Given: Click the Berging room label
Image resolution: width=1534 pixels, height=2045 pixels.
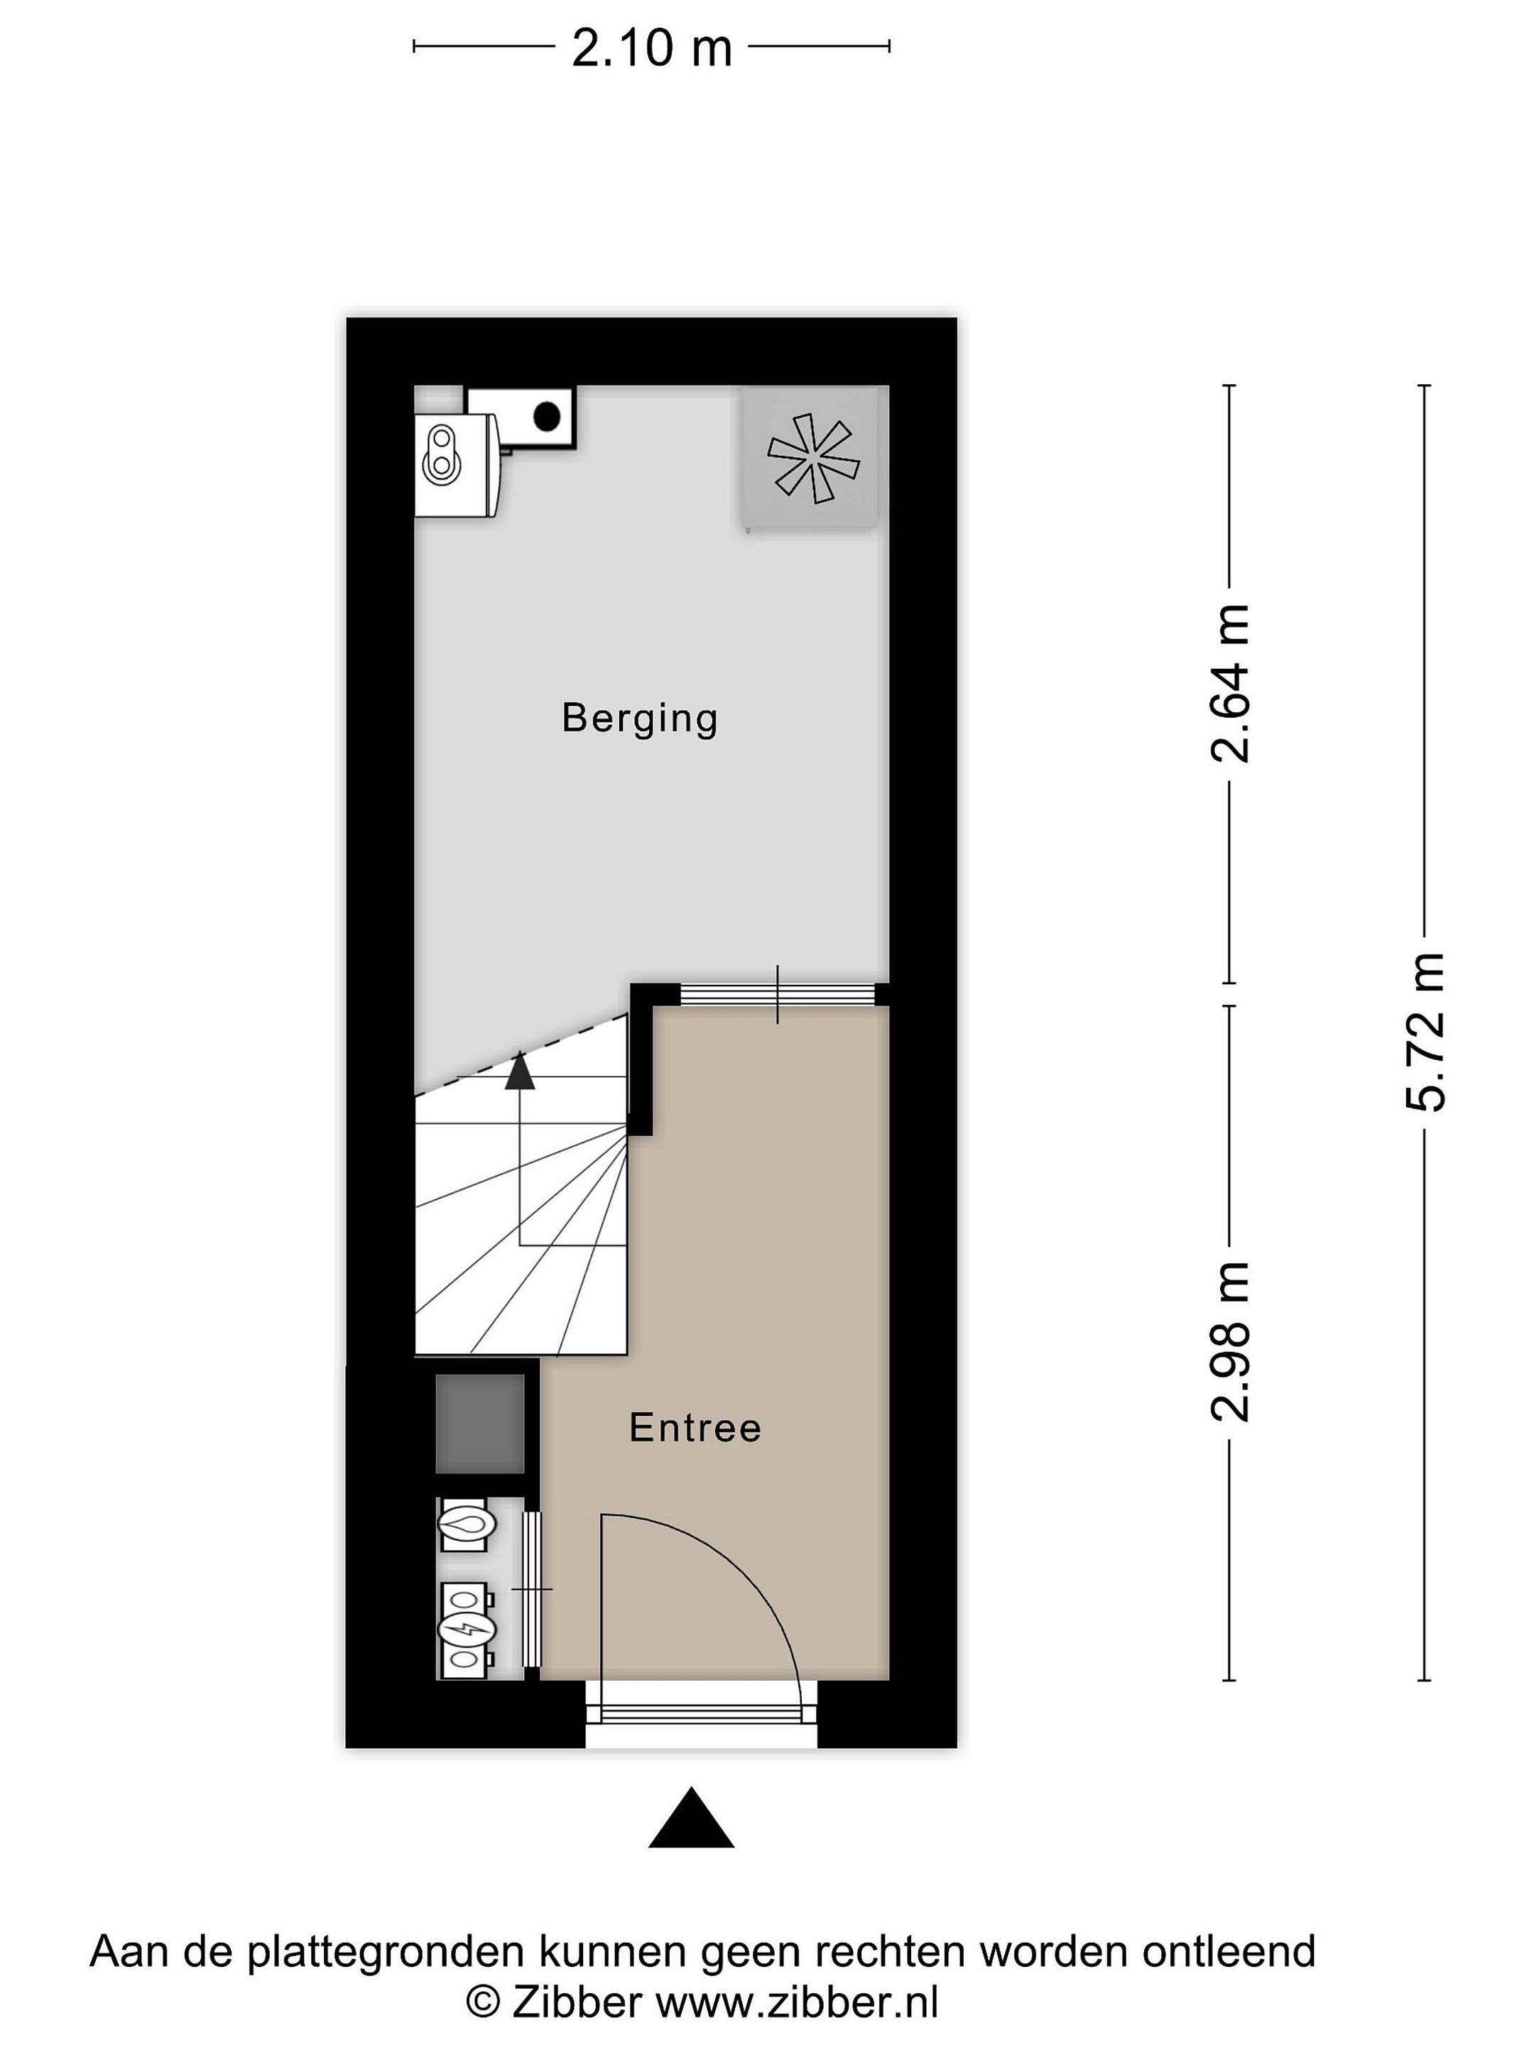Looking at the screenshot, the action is [639, 719].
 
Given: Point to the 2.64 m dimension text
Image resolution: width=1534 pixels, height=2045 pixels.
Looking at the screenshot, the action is [1230, 683].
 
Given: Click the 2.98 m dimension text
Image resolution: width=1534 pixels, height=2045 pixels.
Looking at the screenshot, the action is [1230, 1341].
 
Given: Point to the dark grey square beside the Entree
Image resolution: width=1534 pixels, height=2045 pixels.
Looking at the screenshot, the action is [480, 1424].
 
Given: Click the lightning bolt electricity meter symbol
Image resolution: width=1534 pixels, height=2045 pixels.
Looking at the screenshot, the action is [467, 1629].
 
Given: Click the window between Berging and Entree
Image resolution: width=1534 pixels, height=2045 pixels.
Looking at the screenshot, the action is [777, 994].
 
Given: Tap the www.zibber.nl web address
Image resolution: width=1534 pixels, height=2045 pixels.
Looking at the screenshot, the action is [797, 2006].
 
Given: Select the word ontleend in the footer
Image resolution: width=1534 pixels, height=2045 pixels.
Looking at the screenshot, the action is [1229, 1951].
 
